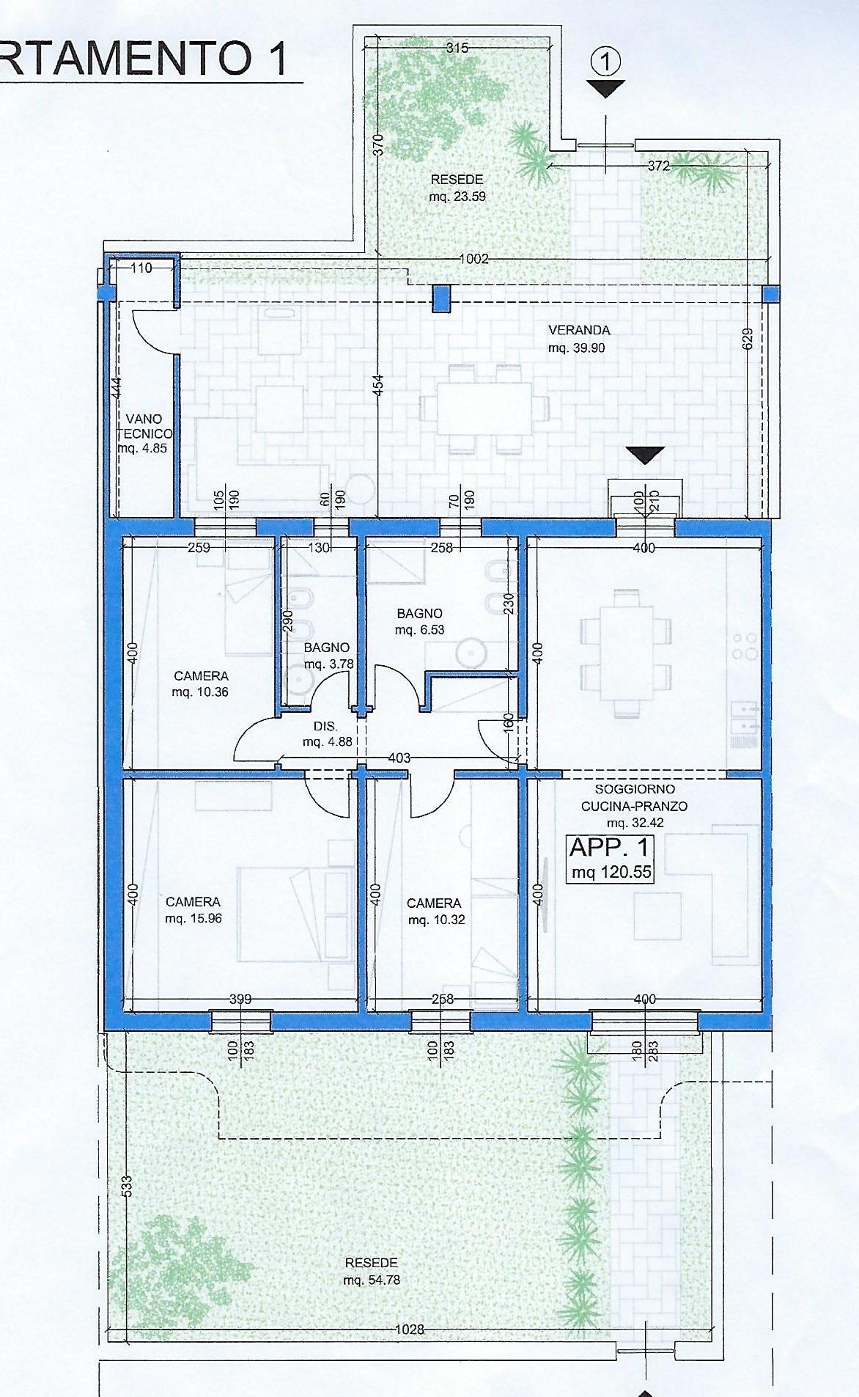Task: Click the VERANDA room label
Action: (579, 330)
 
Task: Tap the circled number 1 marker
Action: (606, 63)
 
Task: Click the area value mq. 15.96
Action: (193, 918)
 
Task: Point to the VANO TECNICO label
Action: (144, 426)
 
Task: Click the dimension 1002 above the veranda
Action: (473, 259)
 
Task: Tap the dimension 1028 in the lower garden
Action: (410, 1329)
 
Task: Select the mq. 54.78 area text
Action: (372, 1280)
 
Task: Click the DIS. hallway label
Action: (325, 727)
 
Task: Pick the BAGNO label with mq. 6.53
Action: (420, 613)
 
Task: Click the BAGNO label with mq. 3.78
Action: (327, 648)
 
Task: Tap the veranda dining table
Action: (485, 409)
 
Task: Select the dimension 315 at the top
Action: (457, 48)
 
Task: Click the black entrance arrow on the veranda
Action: (645, 455)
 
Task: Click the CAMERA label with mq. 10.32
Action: (435, 903)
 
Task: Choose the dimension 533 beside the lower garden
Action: (127, 1185)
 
